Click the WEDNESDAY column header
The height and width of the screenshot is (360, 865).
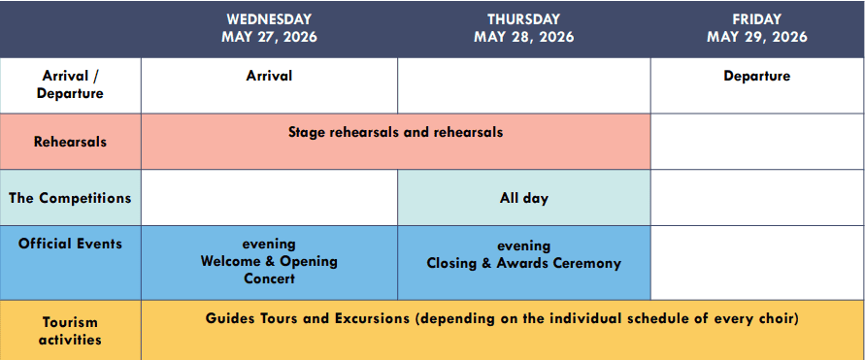tap(269, 19)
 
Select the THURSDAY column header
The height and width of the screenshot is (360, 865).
tap(523, 19)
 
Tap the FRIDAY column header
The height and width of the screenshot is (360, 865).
tap(757, 19)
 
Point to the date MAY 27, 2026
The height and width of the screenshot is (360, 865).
tap(269, 37)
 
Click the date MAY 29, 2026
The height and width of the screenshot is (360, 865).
tap(757, 37)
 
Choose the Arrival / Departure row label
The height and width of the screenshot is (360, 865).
tap(70, 84)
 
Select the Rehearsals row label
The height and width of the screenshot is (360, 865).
tap(70, 142)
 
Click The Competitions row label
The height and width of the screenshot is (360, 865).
tap(70, 198)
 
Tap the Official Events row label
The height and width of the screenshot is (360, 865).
tap(70, 244)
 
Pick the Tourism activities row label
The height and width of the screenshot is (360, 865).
tap(70, 331)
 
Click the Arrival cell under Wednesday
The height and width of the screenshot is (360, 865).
tap(269, 76)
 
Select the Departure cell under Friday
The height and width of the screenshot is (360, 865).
tap(757, 76)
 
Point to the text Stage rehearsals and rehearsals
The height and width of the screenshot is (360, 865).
tap(395, 132)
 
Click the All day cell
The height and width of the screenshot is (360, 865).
tap(524, 198)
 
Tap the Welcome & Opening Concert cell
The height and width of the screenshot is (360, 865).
tap(269, 261)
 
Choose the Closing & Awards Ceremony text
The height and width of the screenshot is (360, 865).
tap(524, 264)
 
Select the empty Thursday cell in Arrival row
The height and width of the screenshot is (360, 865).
tap(524, 85)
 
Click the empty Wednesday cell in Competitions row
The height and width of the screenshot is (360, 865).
tap(269, 197)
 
